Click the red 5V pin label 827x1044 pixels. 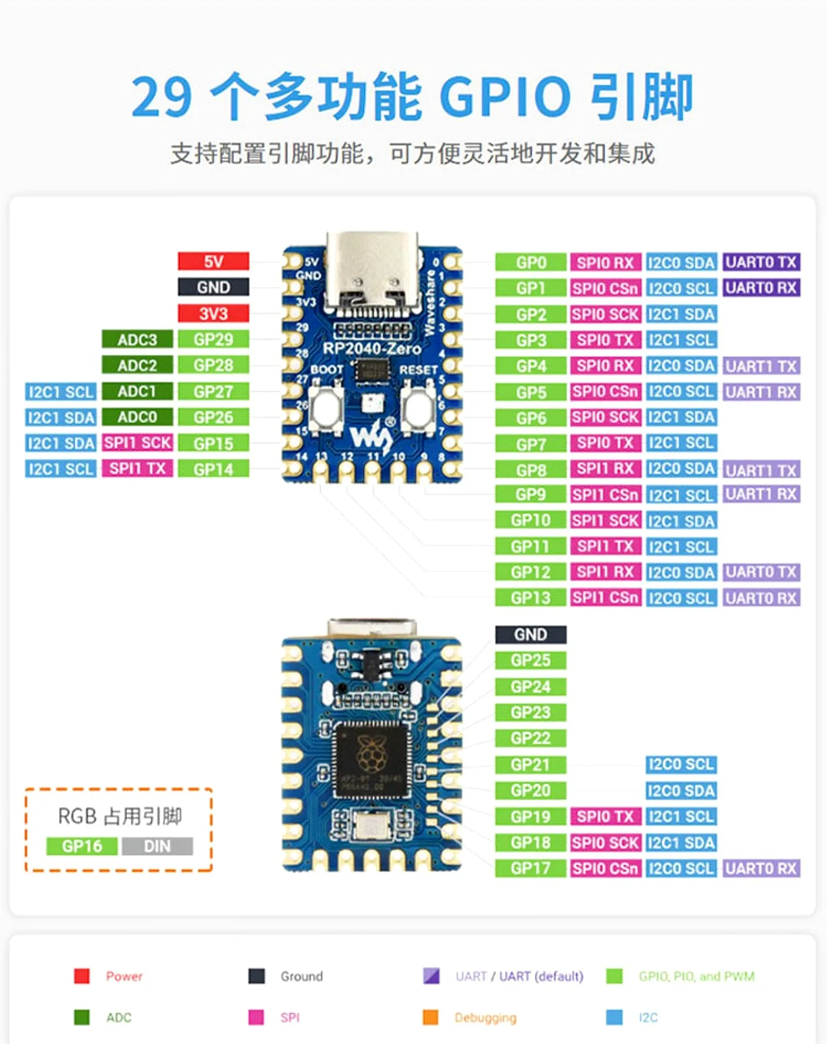213,261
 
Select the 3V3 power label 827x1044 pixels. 213,313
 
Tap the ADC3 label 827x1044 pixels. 137,340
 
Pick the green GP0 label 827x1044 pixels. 530,262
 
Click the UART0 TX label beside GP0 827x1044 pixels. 760,262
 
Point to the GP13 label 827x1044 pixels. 530,598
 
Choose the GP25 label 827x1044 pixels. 530,660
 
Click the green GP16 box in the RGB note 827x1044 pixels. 82,846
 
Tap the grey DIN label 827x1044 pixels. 157,846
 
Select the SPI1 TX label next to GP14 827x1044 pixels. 137,468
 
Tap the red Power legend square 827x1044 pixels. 82,976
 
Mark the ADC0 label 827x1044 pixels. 137,417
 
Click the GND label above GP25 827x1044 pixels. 530,634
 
